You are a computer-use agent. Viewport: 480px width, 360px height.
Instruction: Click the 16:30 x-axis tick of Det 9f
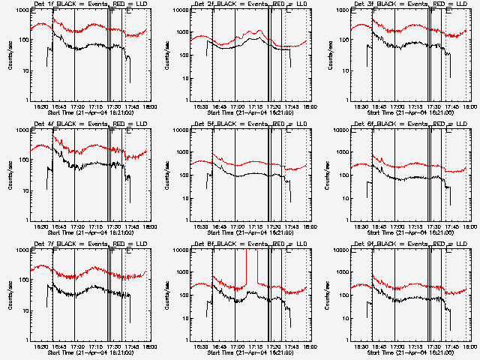coord(361,346)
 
